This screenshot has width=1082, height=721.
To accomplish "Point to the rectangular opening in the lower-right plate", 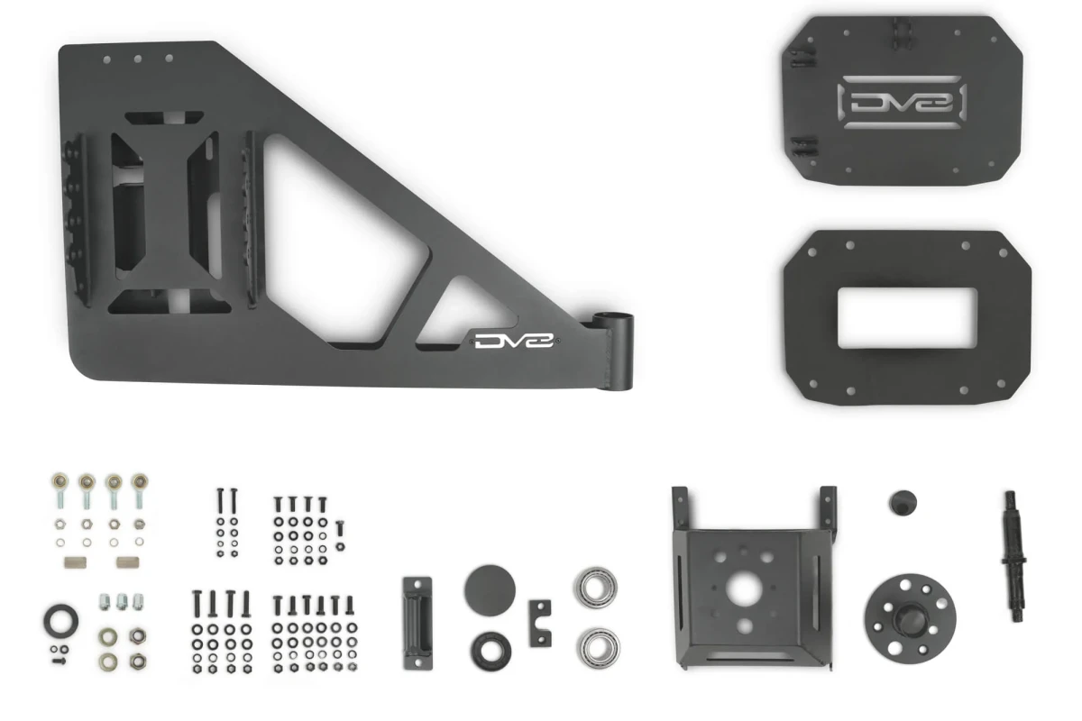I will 904,318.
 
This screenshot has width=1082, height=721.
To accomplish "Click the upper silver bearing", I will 595,586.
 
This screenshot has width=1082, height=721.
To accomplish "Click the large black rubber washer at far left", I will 60,621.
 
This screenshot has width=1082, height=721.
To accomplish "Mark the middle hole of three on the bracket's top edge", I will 138,58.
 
